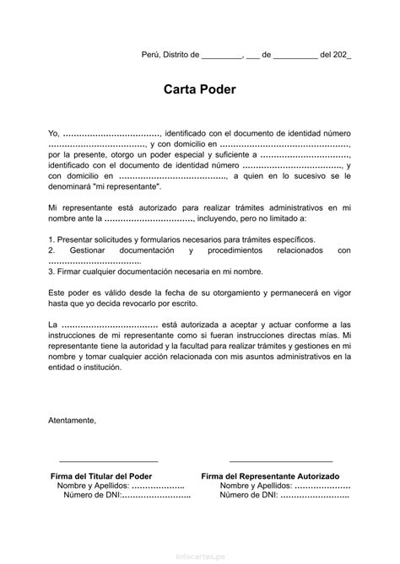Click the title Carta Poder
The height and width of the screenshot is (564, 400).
click(200, 89)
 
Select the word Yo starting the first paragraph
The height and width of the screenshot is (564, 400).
click(54, 133)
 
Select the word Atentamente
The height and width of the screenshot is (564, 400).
click(73, 419)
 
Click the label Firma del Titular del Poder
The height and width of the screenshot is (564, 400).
click(106, 476)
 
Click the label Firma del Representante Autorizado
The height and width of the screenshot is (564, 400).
click(270, 476)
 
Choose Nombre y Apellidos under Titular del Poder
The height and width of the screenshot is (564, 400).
click(93, 486)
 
